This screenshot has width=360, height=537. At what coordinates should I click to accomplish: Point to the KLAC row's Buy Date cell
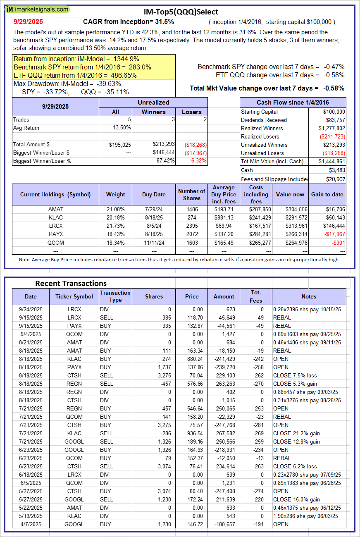pyautogui.click(x=154, y=217)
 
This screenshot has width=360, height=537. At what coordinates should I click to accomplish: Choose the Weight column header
pyautogui.click(x=115, y=194)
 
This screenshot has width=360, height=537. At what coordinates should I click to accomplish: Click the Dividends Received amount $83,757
pyautogui.click(x=334, y=120)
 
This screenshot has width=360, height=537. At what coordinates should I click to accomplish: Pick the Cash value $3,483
pyautogui.click(x=338, y=170)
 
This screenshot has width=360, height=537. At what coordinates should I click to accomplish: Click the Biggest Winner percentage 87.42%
pyautogui.click(x=165, y=161)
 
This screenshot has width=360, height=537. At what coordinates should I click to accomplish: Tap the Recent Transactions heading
pyautogui.click(x=71, y=284)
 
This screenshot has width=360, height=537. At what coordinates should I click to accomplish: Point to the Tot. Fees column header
pyautogui.click(x=256, y=296)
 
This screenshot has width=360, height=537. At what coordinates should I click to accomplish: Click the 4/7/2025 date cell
pyautogui.click(x=31, y=524)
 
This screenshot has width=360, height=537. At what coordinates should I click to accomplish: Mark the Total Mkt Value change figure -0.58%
pyautogui.click(x=334, y=88)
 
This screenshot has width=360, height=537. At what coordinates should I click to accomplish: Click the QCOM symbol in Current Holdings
pyautogui.click(x=55, y=242)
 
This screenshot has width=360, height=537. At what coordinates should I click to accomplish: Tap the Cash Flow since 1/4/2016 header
pyautogui.click(x=293, y=103)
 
